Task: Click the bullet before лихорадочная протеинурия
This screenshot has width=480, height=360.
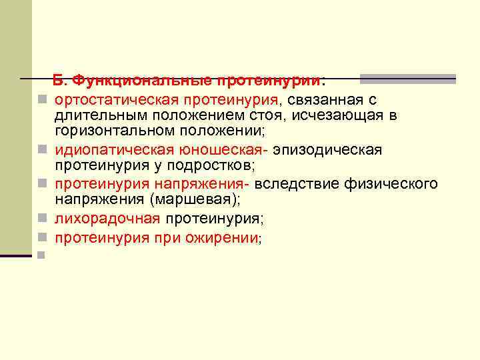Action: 41,217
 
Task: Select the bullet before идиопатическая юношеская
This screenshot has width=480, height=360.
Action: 41,149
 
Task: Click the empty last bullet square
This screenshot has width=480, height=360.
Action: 41,254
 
